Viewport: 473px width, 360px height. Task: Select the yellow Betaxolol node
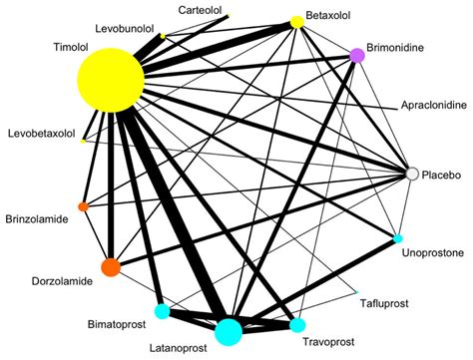point(296,22)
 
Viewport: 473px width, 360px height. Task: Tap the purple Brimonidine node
point(357,56)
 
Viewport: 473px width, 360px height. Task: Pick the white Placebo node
point(411,175)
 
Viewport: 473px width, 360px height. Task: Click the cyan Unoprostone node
point(397,239)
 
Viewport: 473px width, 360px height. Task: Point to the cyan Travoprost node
point(296,324)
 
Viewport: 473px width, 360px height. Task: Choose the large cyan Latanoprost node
point(228,329)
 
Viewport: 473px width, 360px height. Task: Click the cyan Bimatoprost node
point(162,311)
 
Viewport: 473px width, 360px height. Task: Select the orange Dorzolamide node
point(111,267)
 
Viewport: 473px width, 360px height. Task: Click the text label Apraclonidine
point(431,104)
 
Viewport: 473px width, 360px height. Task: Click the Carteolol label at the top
point(200,9)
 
